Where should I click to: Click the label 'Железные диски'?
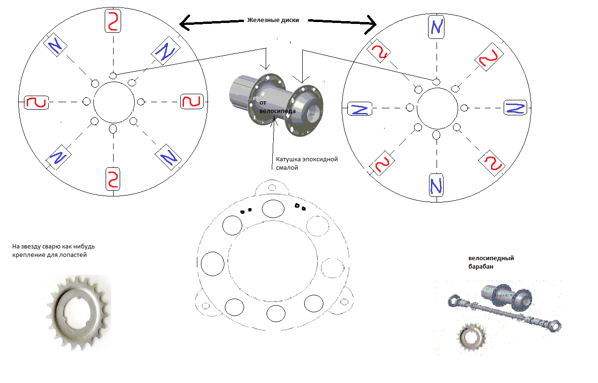click(273, 20)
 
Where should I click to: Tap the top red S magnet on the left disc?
click(113, 22)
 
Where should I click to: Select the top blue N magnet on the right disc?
click(436, 27)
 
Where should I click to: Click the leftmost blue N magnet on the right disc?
click(360, 109)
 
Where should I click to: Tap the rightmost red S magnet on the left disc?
click(192, 102)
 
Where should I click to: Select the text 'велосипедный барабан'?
click(491, 262)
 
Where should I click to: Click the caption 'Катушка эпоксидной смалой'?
click(307, 163)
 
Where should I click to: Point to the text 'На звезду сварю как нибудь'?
click(56, 247)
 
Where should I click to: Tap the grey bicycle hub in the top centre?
click(277, 102)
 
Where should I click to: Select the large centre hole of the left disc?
click(113, 102)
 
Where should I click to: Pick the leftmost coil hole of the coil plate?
click(213, 263)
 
